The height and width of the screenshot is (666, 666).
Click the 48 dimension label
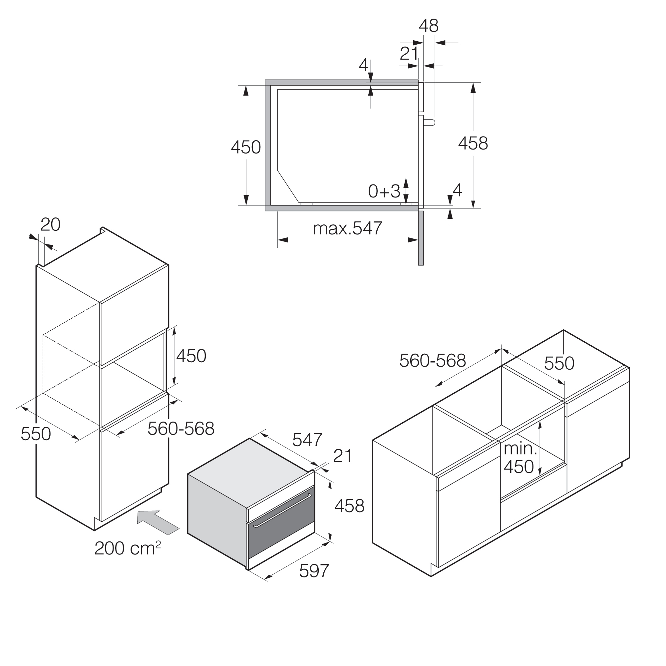(x=429, y=26)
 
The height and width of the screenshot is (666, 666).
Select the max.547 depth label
(x=347, y=228)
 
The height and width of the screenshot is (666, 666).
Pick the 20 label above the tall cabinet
(x=50, y=225)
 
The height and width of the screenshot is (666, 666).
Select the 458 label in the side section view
(x=473, y=144)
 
